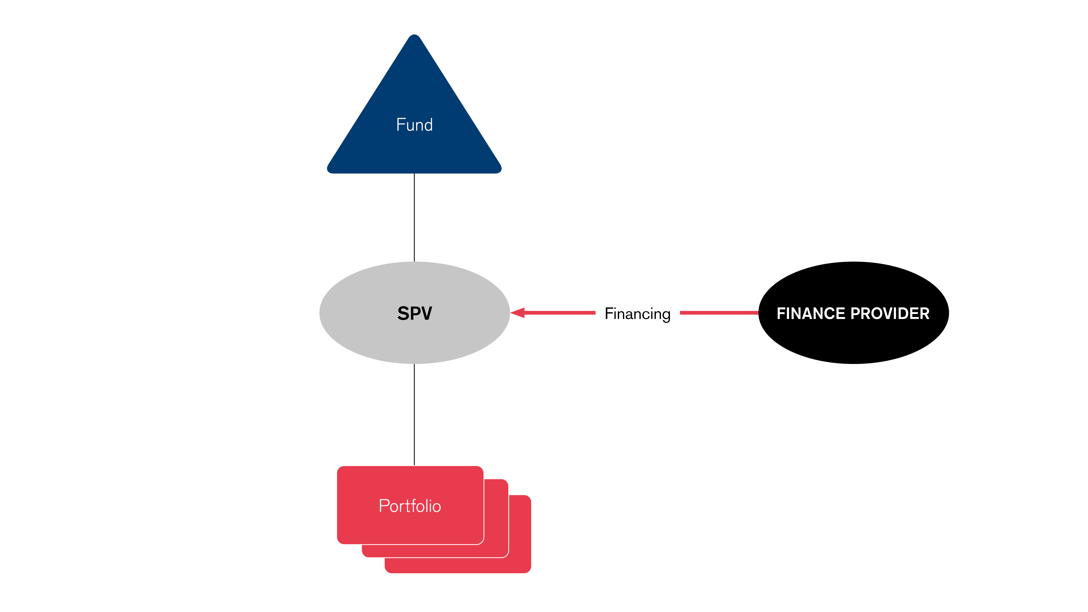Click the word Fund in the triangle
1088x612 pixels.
(414, 125)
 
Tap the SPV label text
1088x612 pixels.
(414, 313)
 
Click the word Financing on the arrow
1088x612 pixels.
(637, 314)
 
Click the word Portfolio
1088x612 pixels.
(410, 506)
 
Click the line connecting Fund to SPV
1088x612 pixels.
(414, 218)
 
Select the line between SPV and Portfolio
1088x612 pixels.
(414, 414)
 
